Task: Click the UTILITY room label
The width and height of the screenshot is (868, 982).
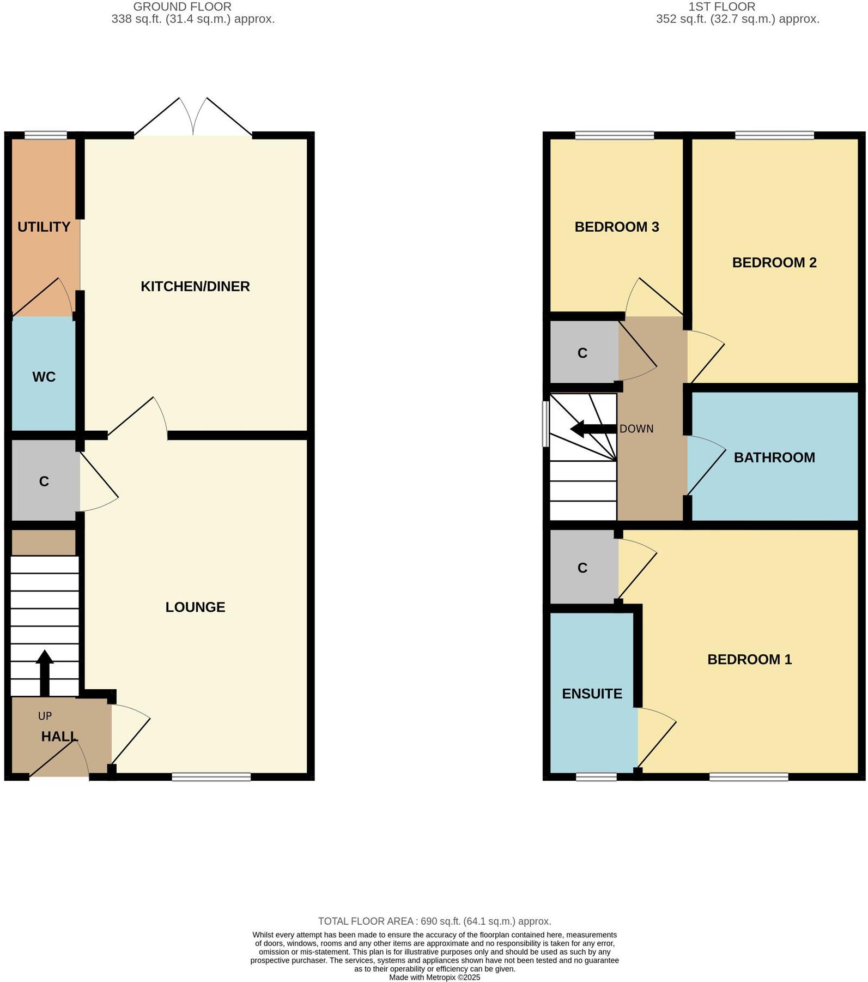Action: click(x=44, y=227)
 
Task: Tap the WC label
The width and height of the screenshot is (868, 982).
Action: click(x=44, y=377)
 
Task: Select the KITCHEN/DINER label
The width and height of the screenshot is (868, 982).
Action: click(x=195, y=286)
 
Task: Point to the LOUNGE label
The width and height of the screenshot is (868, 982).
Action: click(x=195, y=607)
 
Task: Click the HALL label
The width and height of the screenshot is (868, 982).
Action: click(x=59, y=736)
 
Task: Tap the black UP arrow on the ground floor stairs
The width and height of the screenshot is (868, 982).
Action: click(x=45, y=672)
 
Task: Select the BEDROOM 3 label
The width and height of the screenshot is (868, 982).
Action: click(x=617, y=227)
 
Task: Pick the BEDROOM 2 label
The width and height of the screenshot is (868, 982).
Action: click(x=774, y=263)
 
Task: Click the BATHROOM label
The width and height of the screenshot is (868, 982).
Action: click(x=774, y=457)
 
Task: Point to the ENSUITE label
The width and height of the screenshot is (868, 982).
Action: click(x=592, y=694)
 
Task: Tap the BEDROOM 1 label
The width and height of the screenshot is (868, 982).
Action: click(x=749, y=659)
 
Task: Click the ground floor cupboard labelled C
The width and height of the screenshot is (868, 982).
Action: click(x=44, y=481)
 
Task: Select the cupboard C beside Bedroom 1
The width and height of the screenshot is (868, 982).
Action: click(x=582, y=568)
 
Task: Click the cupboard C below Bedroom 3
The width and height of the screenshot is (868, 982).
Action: click(x=582, y=353)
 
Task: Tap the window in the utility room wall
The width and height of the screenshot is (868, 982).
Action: click(x=46, y=135)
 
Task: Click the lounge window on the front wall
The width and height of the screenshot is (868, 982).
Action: click(x=211, y=776)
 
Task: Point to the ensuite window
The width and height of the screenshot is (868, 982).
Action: click(x=596, y=776)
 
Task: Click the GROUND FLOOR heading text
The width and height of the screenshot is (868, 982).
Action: click(x=182, y=7)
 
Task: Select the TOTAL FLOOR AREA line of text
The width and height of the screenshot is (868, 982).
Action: click(x=434, y=921)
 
